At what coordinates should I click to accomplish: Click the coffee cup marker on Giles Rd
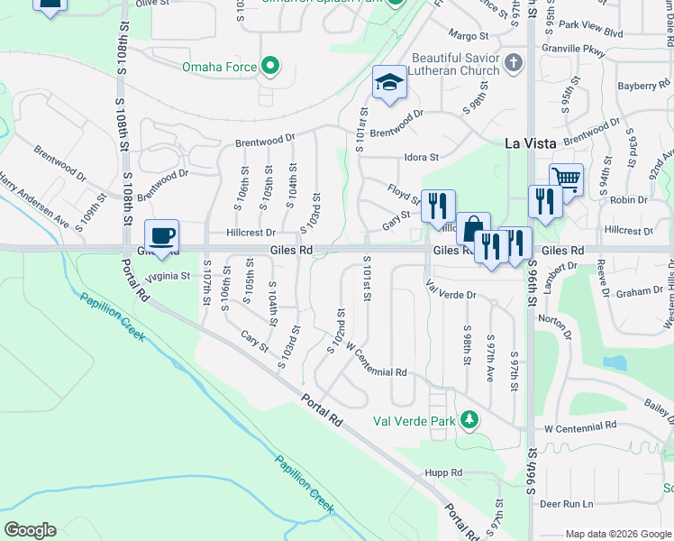pyautogui.click(x=162, y=237)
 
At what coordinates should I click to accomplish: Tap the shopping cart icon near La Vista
pyautogui.click(x=566, y=179)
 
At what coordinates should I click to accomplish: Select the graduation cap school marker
pyautogui.click(x=389, y=83)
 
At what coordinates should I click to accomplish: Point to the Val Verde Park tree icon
pyautogui.click(x=469, y=420)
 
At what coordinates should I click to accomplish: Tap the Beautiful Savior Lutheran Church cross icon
pyautogui.click(x=514, y=63)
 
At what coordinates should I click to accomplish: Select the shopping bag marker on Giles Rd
pyautogui.click(x=472, y=230)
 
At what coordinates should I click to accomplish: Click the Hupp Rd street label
pyautogui.click(x=443, y=472)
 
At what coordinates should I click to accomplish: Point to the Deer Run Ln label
pyautogui.click(x=568, y=504)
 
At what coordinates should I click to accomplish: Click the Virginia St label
pyautogui.click(x=169, y=276)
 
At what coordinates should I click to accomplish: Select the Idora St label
pyautogui.click(x=421, y=157)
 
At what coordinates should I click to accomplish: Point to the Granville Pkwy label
pyautogui.click(x=573, y=51)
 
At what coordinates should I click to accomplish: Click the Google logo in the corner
pyautogui.click(x=30, y=530)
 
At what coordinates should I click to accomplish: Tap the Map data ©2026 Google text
pyautogui.click(x=617, y=534)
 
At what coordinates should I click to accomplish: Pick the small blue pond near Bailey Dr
pyautogui.click(x=616, y=362)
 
